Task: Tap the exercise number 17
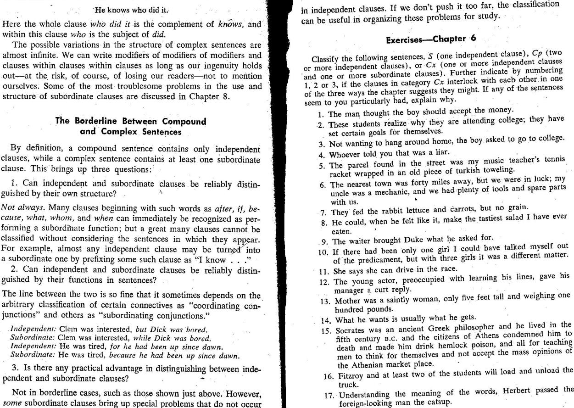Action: pos(328,396)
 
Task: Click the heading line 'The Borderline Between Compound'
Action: pos(131,121)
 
